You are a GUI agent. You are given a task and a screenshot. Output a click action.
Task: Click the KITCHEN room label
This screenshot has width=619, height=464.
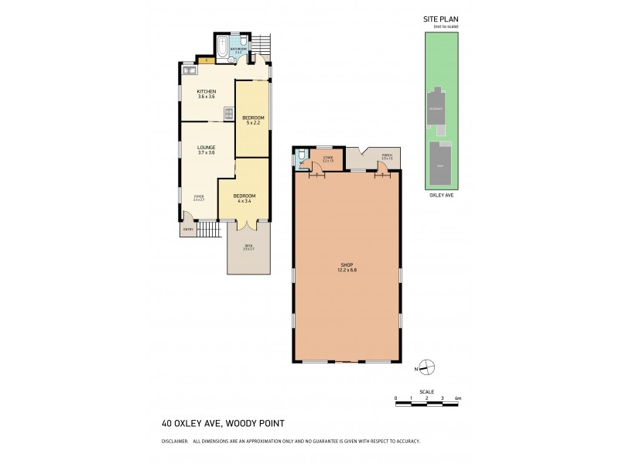tap(206, 91)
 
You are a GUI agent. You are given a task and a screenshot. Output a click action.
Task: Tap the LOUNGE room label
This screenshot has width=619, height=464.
tap(206, 147)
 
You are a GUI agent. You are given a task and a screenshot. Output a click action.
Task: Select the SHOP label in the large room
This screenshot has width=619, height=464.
tap(346, 265)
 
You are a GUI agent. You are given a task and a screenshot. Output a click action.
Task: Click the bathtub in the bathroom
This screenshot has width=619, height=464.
tap(224, 49)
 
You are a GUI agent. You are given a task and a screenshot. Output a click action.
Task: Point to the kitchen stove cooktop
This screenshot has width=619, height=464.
tap(229, 114)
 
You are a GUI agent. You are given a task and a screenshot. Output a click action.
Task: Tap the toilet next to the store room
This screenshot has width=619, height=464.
tap(302, 162)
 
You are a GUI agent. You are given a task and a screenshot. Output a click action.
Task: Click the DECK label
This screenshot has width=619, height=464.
tap(248, 247)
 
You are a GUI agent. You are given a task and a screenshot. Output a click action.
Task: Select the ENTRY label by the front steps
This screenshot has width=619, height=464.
tap(187, 230)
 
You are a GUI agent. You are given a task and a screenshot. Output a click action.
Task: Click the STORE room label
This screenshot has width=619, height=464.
tap(327, 157)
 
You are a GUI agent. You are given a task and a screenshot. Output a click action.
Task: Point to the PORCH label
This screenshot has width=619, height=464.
tap(387, 156)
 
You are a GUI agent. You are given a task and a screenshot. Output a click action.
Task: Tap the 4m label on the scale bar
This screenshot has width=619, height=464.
tap(458, 398)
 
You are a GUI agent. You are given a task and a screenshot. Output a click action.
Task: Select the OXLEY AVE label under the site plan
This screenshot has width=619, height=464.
tap(441, 196)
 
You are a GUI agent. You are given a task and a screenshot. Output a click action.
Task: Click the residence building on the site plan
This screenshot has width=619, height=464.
tap(439, 108)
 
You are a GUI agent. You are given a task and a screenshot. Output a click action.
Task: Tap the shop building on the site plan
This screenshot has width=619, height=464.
tap(440, 165)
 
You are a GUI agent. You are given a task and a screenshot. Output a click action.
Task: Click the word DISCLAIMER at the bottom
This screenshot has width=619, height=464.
tap(174, 441)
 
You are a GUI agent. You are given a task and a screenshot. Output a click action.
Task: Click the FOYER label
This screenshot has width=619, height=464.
tap(199, 197)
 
